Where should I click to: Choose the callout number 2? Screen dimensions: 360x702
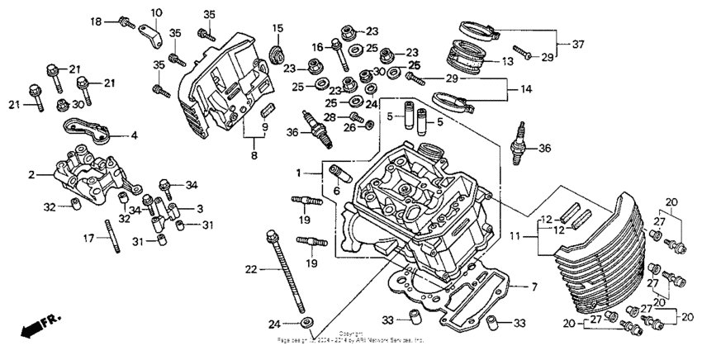(31, 175)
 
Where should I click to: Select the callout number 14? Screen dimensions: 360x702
(525, 88)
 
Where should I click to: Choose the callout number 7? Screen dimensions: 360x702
(534, 286)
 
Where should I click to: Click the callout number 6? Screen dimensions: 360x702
(335, 190)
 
